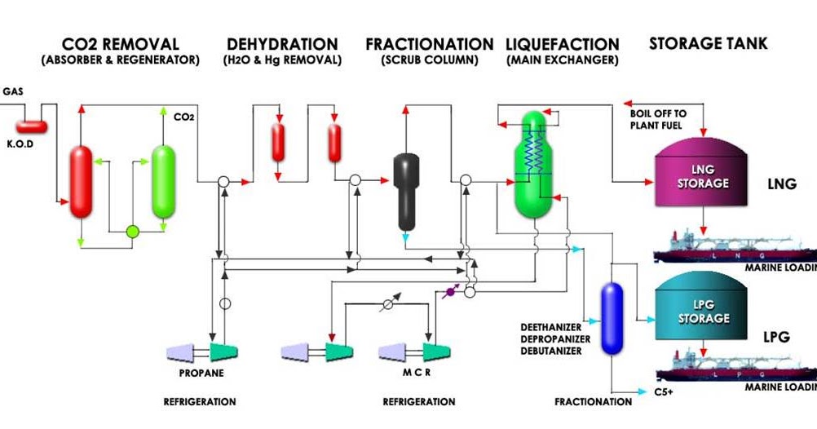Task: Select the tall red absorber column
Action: tap(81, 182)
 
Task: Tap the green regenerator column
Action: tap(164, 181)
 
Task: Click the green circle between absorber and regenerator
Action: tap(132, 232)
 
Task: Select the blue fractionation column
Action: tap(612, 318)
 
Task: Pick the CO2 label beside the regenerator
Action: tap(183, 117)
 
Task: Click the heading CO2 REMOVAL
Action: tap(120, 44)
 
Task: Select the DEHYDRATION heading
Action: tap(282, 44)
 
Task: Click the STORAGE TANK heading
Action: tap(708, 43)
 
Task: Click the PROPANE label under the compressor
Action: tap(200, 374)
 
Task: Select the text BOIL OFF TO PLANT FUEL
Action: tap(658, 118)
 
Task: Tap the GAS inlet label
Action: tap(13, 91)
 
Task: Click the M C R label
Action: tap(413, 374)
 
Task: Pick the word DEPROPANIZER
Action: tap(551, 339)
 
